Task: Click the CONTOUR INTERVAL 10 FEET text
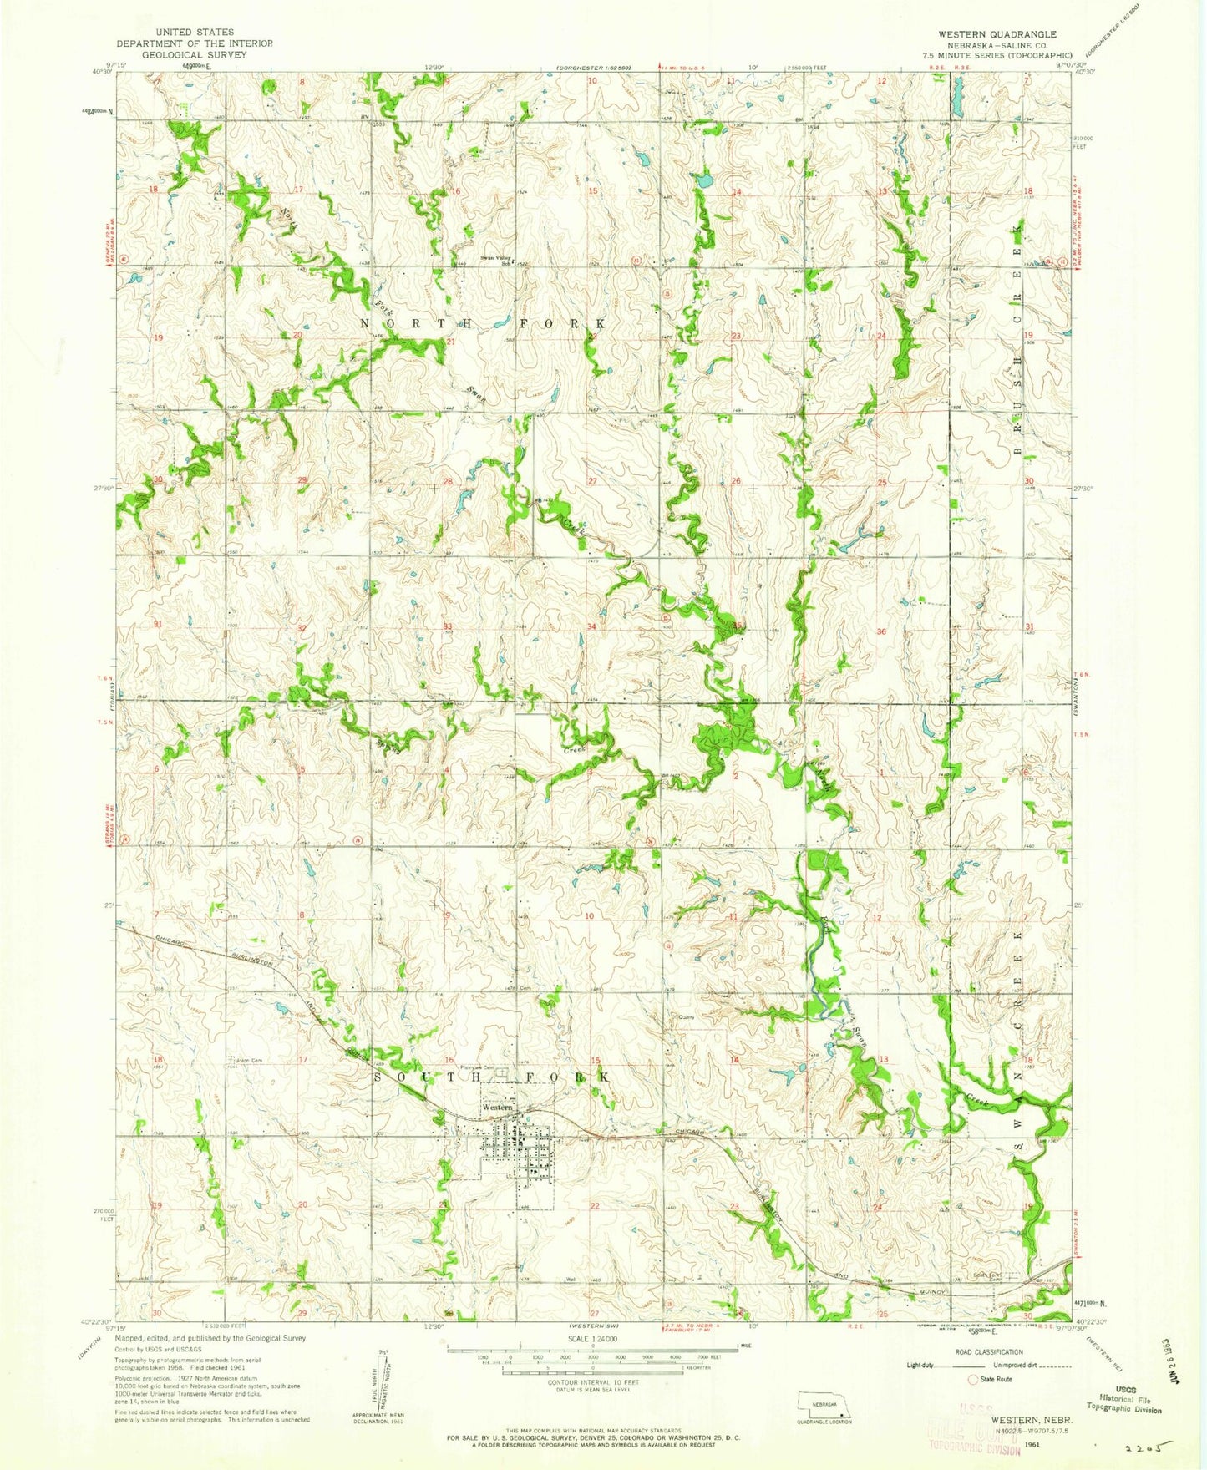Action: (592, 1382)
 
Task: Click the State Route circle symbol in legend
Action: (972, 1379)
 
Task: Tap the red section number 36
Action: (881, 631)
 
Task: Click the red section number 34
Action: (591, 626)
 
